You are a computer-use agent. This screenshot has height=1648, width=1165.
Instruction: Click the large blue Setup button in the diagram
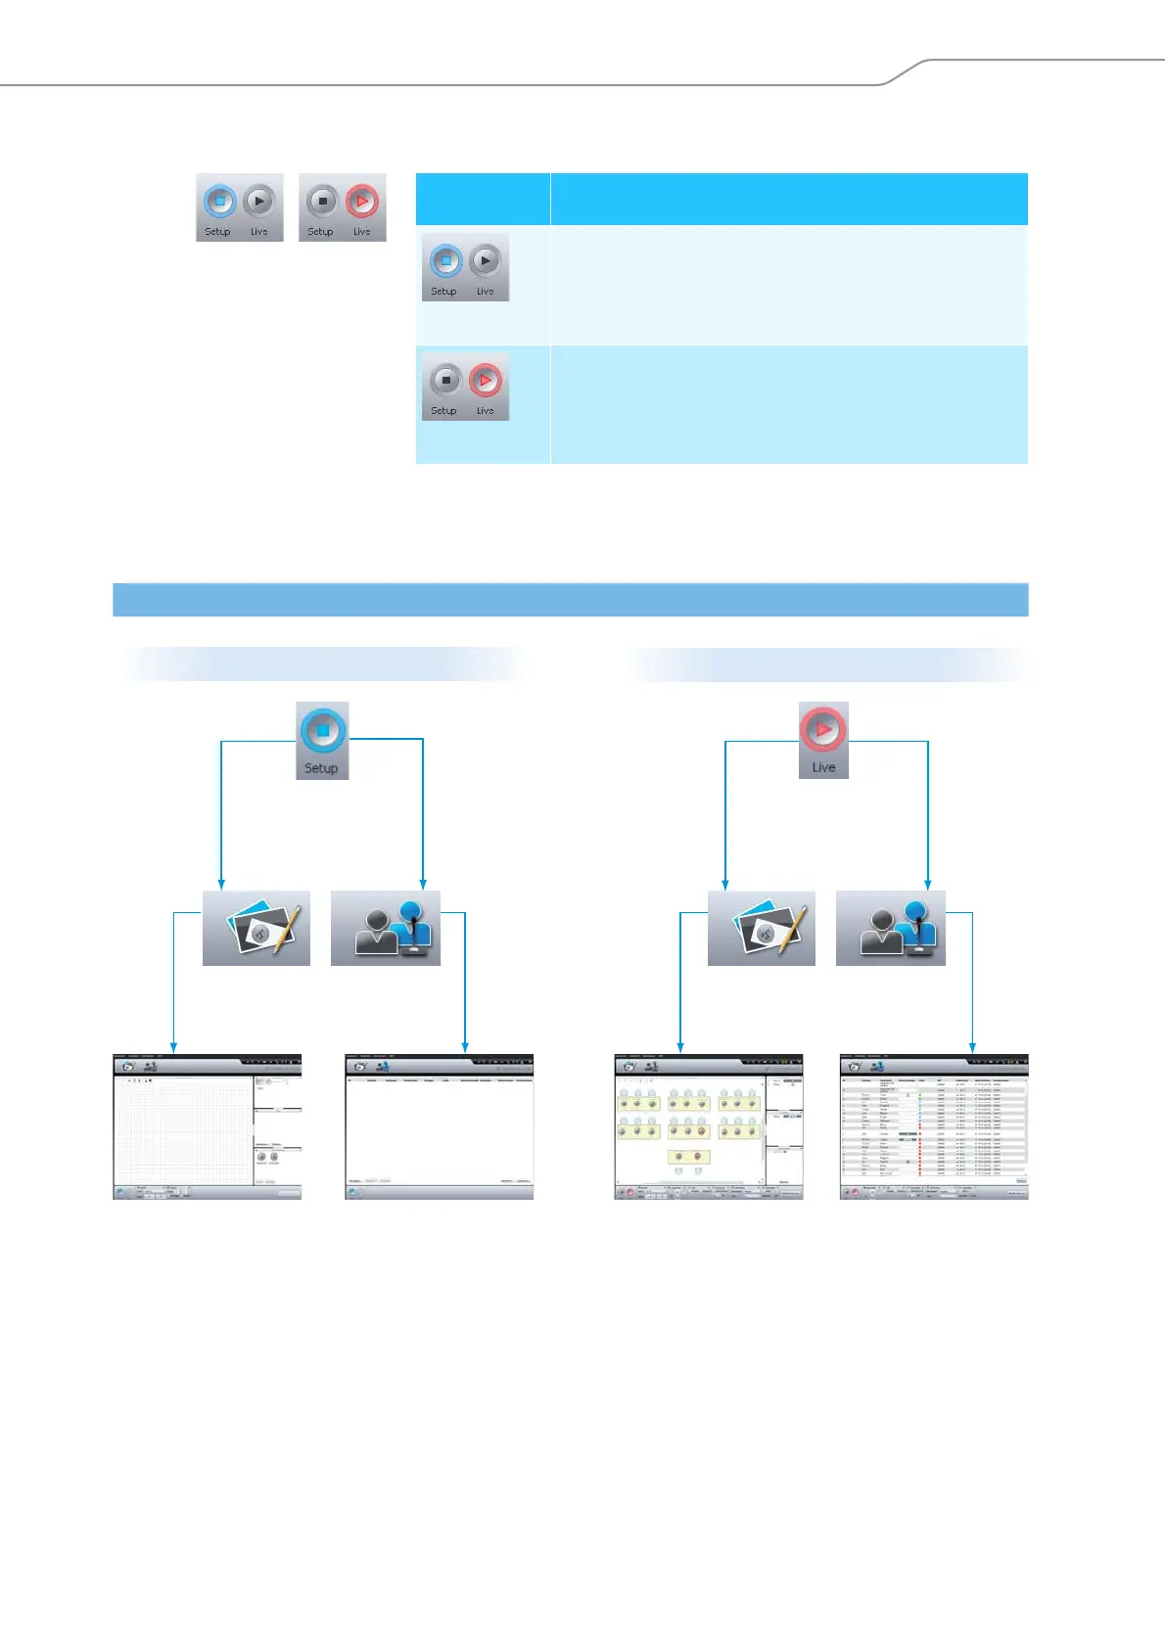coord(322,731)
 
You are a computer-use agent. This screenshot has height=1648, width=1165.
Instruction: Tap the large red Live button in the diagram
coord(823,730)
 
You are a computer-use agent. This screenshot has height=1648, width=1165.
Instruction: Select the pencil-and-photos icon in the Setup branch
coord(256,929)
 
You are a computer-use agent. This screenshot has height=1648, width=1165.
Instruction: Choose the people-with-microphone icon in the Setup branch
coord(386,929)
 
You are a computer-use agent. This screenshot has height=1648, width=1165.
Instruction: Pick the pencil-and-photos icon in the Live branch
coord(762,929)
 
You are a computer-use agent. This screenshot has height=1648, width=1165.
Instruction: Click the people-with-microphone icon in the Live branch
coord(891,929)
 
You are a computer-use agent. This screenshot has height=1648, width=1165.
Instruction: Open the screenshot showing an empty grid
coord(208,1127)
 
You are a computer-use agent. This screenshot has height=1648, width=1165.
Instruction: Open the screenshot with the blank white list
coord(440,1127)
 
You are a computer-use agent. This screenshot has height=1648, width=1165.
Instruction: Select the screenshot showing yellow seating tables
coord(709,1127)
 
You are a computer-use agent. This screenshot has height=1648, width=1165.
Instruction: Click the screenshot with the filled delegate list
coord(934,1127)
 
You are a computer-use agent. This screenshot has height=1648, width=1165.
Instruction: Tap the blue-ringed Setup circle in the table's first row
coord(445,261)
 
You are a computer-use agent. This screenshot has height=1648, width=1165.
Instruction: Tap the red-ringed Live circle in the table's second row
coord(486,380)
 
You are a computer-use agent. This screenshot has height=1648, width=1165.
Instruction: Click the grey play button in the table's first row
coord(486,261)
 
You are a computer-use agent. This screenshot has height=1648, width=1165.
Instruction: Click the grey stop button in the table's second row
coord(445,380)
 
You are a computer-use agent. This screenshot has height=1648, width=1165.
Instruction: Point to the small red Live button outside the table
coord(362,202)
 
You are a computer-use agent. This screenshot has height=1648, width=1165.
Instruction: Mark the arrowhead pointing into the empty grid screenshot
coord(173,1048)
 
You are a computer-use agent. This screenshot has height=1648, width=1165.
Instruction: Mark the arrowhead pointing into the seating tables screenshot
coord(679,1048)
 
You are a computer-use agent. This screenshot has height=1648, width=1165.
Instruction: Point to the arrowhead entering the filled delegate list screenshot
coord(972,1048)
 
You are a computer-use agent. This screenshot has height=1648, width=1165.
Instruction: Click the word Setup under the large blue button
coord(321,768)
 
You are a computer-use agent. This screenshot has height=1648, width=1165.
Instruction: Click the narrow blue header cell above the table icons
coord(483,199)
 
